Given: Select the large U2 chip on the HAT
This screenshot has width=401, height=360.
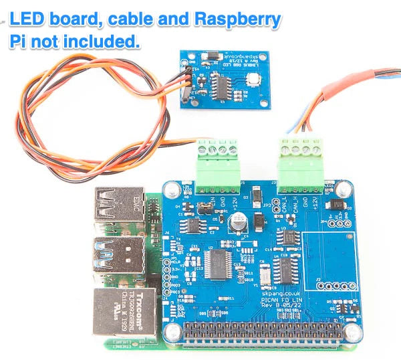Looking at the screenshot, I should click(217, 263).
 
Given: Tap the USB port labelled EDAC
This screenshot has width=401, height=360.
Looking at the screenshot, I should click(120, 205).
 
